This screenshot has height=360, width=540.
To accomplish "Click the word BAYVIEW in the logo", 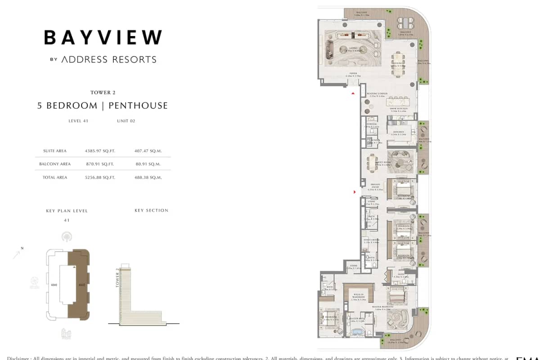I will click(103, 37).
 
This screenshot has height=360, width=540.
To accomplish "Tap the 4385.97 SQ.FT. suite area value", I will click(100, 151).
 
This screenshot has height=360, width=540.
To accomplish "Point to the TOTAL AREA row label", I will click(55, 177).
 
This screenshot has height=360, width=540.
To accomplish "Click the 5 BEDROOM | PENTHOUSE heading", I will click(103, 106).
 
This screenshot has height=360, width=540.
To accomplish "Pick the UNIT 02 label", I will click(126, 121).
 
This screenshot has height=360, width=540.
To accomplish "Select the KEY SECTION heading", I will click(151, 210).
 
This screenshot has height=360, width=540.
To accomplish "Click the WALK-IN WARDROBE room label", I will click(359, 297).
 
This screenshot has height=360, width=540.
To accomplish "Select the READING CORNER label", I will click(377, 94).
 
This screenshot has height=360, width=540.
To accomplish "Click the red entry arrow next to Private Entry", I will click(355, 192).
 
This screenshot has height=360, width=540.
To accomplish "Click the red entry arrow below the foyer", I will click(353, 93).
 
